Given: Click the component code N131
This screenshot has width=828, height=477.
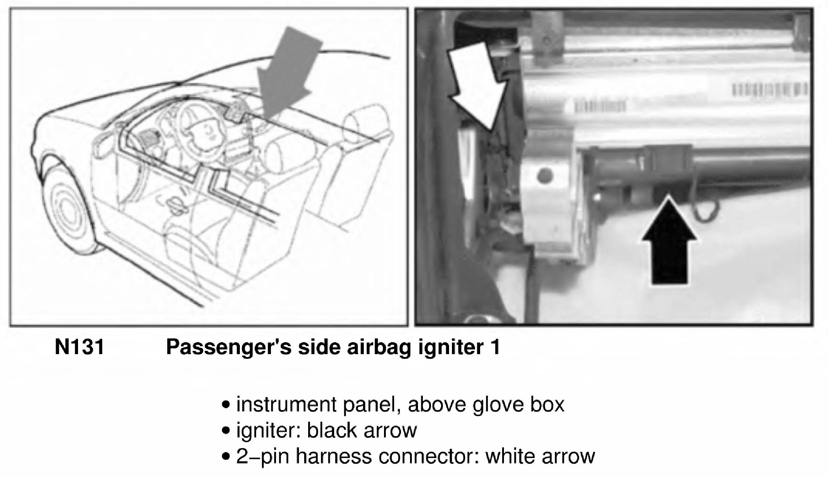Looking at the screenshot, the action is (x=79, y=347).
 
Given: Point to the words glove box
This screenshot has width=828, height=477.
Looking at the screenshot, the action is (x=518, y=404).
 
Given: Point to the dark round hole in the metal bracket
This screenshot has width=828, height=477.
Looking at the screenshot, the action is (x=545, y=176).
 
